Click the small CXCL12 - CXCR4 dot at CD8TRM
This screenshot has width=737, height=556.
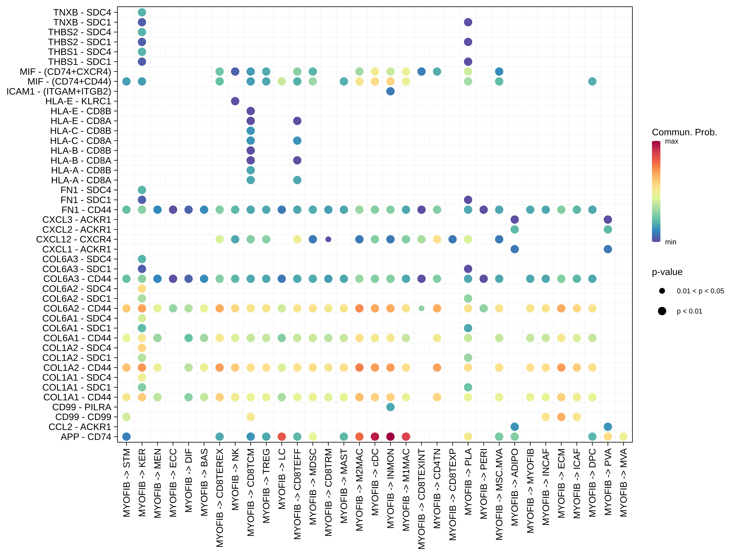[x=328, y=239]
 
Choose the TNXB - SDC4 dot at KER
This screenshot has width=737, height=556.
[x=142, y=12]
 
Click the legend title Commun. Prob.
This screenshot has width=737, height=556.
[x=684, y=132]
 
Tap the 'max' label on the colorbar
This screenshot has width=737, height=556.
[x=671, y=141]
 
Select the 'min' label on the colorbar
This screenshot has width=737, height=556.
[x=670, y=242]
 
